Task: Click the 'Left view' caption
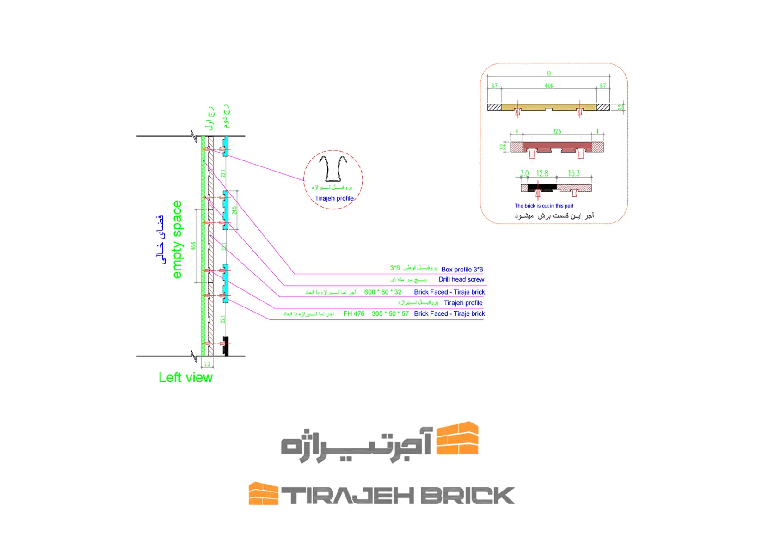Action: pos(185,378)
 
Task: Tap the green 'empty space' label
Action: pos(177,239)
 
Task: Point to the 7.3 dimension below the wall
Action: pos(207,364)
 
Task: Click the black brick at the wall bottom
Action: pos(226,346)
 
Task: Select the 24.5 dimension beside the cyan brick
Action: pos(234,210)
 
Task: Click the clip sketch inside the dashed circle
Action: pos(333,169)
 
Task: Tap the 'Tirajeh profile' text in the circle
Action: pos(334,198)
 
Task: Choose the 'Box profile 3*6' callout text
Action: pos(462,269)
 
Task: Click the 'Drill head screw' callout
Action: pos(461,279)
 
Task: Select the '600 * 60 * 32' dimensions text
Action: pos(383,292)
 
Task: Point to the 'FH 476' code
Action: pos(354,313)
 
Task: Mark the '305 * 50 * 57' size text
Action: pos(390,313)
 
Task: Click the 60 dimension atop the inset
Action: pos(548,74)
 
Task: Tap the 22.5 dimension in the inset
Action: pos(557,132)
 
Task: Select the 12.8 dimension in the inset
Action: pos(542,173)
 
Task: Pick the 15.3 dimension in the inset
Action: pos(574,173)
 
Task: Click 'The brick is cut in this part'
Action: pos(544,206)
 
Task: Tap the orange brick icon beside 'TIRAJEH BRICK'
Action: pos(263,493)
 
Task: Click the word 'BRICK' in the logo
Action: pos(467,496)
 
